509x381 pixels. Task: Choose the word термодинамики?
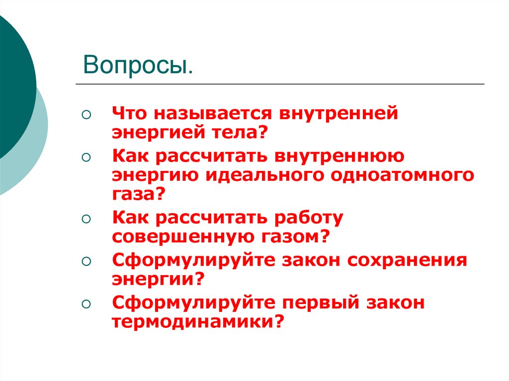[x=198, y=321]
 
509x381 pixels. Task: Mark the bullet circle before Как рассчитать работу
[x=86, y=218]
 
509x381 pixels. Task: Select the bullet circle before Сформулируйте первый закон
[x=86, y=303]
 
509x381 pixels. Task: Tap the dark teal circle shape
[x=12, y=84]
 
